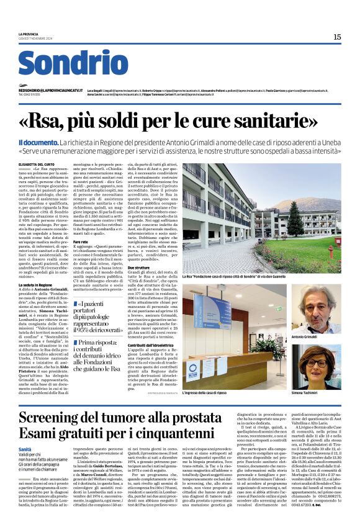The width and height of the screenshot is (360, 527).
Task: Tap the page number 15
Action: [x=336, y=37]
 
